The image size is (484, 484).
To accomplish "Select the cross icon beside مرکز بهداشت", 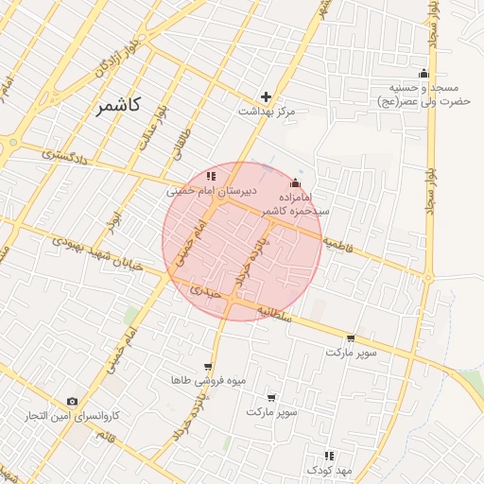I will pos(266,96).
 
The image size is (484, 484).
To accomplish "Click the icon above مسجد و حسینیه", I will pos(423,73).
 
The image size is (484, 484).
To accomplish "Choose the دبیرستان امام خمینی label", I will pos(206,190).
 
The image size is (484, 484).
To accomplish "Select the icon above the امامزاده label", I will pos(296,182).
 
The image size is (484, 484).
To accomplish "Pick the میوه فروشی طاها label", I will pos(207,380).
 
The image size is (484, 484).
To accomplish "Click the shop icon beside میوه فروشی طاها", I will pos(208,367).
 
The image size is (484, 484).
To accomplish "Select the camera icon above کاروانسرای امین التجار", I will pos(73,402).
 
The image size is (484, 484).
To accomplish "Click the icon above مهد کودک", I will pos(329,456).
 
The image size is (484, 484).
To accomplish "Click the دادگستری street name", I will pos(65,155).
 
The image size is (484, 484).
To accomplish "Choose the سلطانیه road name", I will pos(283,318).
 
